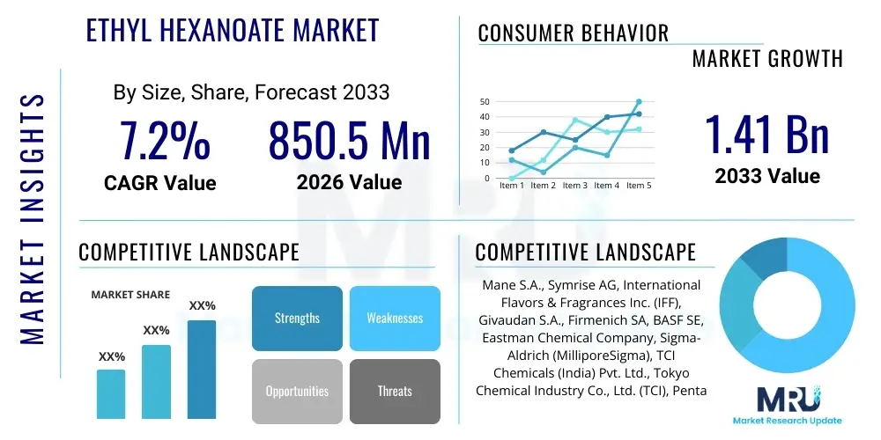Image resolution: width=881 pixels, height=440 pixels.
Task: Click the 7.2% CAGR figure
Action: tap(165, 141)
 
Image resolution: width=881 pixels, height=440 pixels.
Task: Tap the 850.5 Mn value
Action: tap(349, 141)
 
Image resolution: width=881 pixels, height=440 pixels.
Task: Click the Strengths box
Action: tap(297, 318)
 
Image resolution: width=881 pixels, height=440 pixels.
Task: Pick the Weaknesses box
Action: tap(394, 318)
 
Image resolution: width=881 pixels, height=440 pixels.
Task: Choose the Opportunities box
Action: tap(297, 391)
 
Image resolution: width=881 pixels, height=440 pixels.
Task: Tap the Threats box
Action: tap(394, 391)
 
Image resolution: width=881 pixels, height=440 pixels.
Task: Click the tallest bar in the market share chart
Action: tap(202, 369)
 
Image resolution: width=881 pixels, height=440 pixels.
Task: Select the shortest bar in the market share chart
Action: tap(111, 393)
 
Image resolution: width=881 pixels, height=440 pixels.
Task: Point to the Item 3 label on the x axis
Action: tap(574, 186)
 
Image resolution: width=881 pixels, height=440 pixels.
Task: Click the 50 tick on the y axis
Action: tap(484, 102)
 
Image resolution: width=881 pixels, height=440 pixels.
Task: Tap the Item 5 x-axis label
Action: tap(638, 186)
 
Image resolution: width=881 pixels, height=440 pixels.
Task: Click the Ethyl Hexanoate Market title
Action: tap(233, 30)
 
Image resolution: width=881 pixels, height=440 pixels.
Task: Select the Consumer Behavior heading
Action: tap(573, 33)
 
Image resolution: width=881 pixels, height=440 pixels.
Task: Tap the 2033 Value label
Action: tap(766, 176)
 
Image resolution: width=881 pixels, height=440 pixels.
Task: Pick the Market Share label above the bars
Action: tap(130, 295)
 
